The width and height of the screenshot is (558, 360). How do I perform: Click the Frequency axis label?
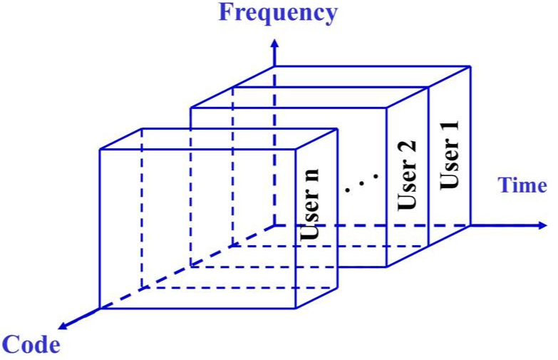278,12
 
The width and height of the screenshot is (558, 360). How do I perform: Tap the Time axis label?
522,186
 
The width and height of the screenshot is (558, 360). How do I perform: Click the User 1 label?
449,156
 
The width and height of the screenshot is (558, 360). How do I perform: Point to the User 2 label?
406,175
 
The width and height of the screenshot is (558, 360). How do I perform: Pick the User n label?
311,203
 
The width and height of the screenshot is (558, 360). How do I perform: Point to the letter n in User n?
312,175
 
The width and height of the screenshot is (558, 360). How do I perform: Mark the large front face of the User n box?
196,228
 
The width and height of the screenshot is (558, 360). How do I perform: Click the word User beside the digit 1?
449,169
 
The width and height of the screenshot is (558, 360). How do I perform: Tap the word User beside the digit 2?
406,187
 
